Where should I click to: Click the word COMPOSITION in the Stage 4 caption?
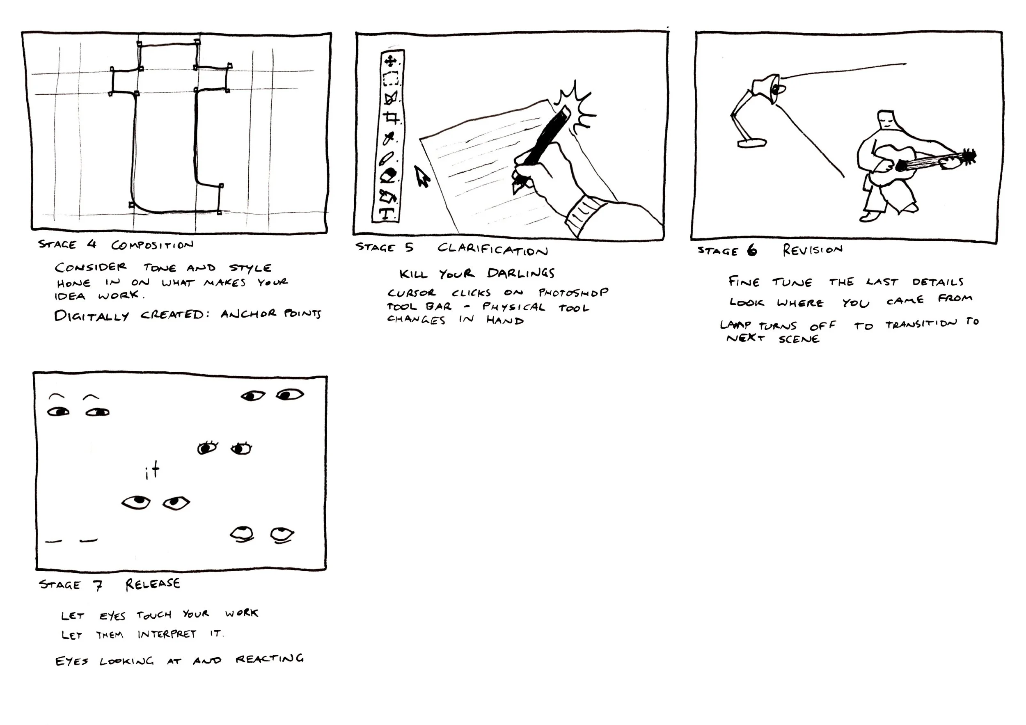152,245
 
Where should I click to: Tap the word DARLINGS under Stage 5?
521,273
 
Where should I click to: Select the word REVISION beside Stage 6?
813,250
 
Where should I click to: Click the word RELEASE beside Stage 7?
153,584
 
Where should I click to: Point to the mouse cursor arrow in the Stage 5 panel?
421,176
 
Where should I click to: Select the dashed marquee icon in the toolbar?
391,79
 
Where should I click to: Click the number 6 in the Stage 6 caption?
752,251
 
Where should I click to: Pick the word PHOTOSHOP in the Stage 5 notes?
573,293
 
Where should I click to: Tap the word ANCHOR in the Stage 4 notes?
248,313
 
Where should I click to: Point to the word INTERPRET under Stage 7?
167,634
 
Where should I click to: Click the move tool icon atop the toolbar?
391,60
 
